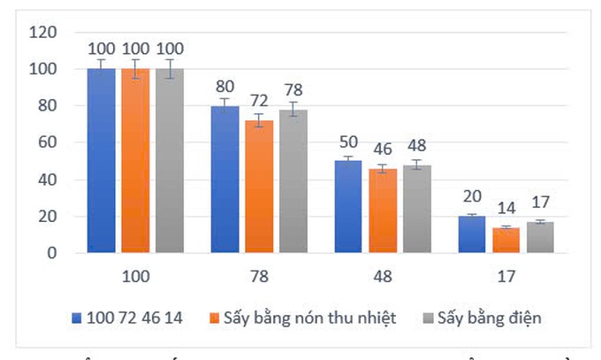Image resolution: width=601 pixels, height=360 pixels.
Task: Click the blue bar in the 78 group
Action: tap(224, 180)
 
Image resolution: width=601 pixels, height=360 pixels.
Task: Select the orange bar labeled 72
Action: tap(259, 187)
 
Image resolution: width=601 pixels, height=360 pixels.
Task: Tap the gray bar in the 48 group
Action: tap(417, 210)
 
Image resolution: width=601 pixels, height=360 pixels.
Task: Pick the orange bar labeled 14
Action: tap(506, 241)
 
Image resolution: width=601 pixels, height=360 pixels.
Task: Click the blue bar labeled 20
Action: tap(472, 235)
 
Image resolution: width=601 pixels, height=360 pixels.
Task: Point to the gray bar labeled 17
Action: tap(540, 238)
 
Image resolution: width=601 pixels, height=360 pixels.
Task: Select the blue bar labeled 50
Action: tap(348, 207)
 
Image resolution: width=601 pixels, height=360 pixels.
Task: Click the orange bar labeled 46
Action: tap(383, 211)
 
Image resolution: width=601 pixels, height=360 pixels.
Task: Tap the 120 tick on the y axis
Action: tap(43, 33)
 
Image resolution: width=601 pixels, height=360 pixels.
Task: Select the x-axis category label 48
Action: tap(383, 276)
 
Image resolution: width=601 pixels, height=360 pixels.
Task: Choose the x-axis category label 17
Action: tap(506, 276)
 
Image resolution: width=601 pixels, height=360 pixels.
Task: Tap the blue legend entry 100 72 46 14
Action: tap(133, 318)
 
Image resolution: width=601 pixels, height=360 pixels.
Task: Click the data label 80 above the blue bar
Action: tap(224, 87)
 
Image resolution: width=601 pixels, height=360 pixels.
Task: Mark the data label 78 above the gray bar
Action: tap(293, 90)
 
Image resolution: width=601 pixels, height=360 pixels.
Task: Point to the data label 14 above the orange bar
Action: tap(506, 210)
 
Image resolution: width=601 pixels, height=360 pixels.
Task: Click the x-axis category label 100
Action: tap(135, 276)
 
